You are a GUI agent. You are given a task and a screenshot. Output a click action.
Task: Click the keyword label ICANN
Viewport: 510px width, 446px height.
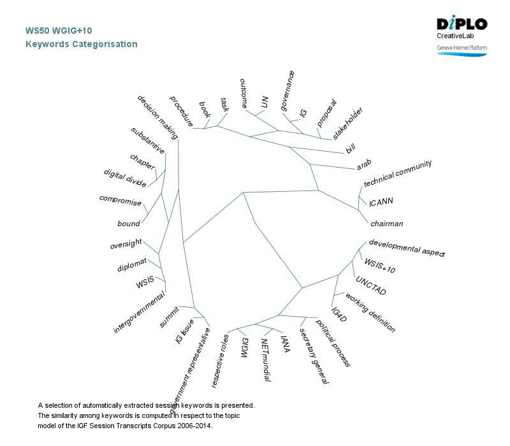pyautogui.click(x=381, y=202)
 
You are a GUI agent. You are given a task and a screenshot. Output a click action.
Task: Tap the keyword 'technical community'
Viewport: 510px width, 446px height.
pyautogui.click(x=398, y=173)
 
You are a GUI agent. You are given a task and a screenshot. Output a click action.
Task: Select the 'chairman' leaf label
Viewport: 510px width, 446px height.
pyautogui.click(x=387, y=224)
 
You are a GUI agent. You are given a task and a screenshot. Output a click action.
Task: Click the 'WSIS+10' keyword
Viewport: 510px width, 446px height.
pyautogui.click(x=380, y=266)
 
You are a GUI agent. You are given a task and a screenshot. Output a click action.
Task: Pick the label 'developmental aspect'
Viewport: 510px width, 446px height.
pyautogui.click(x=406, y=248)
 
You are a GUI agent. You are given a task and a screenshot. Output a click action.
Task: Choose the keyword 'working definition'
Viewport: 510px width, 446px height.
pyautogui.click(x=370, y=312)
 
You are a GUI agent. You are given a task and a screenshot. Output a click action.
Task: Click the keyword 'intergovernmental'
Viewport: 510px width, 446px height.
pyautogui.click(x=140, y=312)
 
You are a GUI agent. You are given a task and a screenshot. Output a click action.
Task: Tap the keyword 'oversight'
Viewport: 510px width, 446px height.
pyautogui.click(x=126, y=245)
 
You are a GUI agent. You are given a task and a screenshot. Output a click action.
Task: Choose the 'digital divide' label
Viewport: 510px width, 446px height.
pyautogui.click(x=125, y=178)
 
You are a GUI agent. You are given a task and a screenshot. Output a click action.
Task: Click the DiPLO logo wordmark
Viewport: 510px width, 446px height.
pyautogui.click(x=462, y=24)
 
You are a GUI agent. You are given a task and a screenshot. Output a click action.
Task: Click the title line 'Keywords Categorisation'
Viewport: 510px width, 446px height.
pyautogui.click(x=81, y=45)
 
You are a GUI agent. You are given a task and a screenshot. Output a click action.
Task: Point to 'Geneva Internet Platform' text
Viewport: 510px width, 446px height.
pyautogui.click(x=462, y=48)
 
